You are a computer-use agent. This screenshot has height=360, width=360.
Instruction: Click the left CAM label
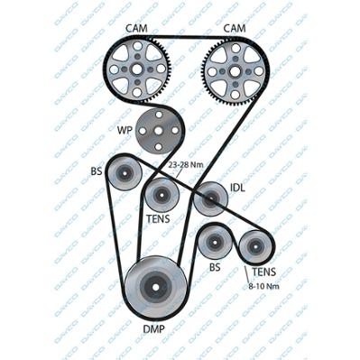(x=136, y=29)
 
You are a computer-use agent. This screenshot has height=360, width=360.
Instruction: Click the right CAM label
(x=235, y=29)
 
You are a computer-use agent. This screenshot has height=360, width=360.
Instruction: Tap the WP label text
(x=125, y=131)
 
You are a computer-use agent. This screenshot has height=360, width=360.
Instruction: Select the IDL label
(x=237, y=188)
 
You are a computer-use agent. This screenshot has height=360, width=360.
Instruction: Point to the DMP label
(x=153, y=329)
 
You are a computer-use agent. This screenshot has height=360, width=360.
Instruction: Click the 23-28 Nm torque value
(x=186, y=165)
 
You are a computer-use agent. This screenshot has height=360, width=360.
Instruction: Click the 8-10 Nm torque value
(x=263, y=286)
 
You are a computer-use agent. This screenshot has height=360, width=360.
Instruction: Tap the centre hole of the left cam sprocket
(x=137, y=69)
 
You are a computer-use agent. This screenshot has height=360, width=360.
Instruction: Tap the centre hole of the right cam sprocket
(x=235, y=71)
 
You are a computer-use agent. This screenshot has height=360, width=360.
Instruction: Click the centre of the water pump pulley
(x=159, y=131)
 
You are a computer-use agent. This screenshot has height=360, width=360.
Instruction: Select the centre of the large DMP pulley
(x=155, y=287)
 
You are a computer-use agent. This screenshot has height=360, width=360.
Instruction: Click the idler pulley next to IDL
(x=210, y=198)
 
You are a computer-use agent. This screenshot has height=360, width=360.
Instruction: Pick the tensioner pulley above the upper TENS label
(x=162, y=195)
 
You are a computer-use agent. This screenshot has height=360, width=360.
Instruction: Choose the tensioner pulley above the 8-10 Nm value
(x=255, y=247)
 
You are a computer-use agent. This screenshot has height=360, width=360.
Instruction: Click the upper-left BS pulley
(x=125, y=173)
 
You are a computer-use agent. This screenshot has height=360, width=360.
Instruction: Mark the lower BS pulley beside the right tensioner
(x=215, y=242)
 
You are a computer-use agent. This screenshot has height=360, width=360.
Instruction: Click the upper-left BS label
(x=97, y=171)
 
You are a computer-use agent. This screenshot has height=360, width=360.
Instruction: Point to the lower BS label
(x=215, y=267)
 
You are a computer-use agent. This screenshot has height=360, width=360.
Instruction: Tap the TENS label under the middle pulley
(x=158, y=219)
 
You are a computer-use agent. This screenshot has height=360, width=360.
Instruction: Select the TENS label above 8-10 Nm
(x=263, y=272)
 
